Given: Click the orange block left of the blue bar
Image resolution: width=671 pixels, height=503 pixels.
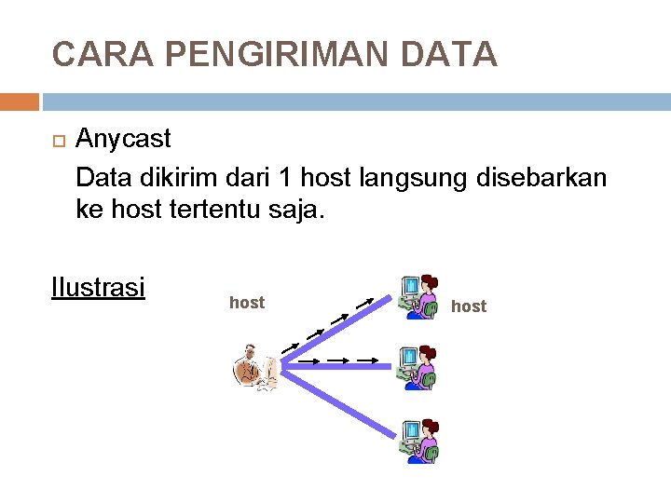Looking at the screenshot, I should tap(19, 102).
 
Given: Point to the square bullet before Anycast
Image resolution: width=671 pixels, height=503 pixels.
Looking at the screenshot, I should tap(58, 141).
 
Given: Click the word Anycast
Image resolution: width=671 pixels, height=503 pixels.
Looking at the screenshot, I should tap(123, 140).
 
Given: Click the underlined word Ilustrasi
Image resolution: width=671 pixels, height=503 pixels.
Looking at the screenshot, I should tap(98, 287).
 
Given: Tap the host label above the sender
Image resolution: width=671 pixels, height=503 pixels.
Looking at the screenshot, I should tap(247, 303).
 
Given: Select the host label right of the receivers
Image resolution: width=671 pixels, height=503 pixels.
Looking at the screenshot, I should tap(468, 306).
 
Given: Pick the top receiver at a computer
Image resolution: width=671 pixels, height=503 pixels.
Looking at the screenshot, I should tap(418, 297).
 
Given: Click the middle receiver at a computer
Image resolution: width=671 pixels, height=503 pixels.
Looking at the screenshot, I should tap(418, 367).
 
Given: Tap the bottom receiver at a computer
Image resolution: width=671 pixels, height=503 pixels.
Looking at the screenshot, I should tap(418, 441).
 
